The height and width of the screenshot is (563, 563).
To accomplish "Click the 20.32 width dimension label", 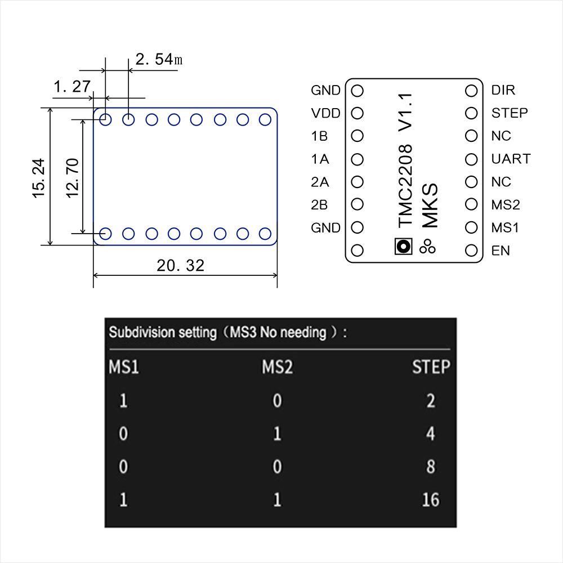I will click(x=180, y=265).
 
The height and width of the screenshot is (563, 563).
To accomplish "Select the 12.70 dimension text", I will click(x=72, y=177).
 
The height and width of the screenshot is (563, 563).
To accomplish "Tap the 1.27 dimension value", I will click(x=72, y=86).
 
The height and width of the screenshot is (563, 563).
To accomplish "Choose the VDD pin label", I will click(x=325, y=113).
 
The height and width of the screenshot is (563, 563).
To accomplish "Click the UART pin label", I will click(x=511, y=159).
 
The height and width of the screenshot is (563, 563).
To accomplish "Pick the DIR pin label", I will click(x=503, y=90).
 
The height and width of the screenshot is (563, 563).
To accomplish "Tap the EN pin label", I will click(x=501, y=251).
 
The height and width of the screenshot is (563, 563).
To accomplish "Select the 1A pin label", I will click(x=319, y=159).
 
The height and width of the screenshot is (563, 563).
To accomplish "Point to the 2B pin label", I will click(x=319, y=205).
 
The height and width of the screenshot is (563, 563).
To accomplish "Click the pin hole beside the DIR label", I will click(x=471, y=90).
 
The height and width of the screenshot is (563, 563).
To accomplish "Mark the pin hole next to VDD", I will click(x=357, y=113).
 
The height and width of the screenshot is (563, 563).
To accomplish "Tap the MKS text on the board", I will click(x=430, y=206).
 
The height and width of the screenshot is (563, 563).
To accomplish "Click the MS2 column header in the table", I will click(x=277, y=368).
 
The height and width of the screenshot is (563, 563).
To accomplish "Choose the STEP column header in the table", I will click(x=431, y=368).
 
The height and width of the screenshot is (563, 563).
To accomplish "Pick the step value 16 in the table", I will click(x=430, y=499).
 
